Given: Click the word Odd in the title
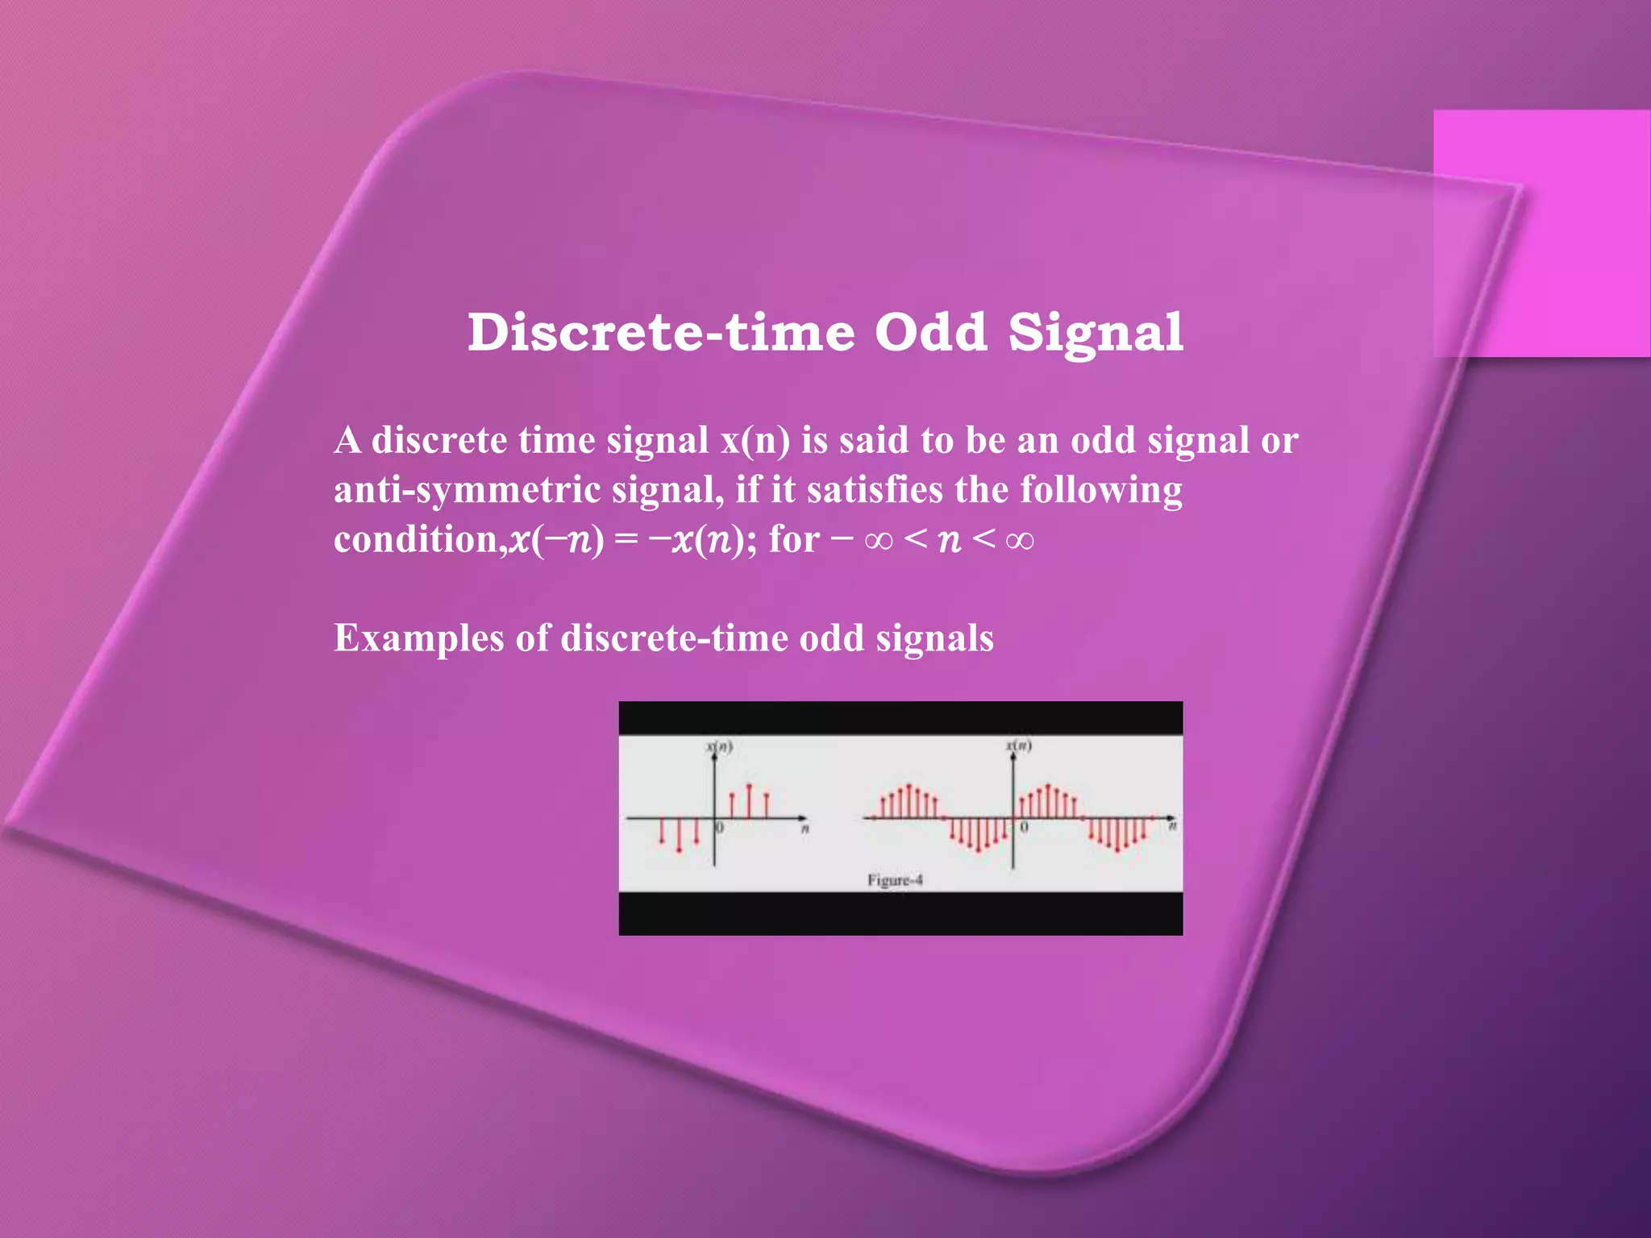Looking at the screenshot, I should click(x=930, y=332).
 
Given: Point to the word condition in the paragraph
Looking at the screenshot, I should click(x=418, y=539).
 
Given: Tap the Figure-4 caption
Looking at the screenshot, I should click(x=894, y=880).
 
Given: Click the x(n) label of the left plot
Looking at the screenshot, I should click(x=719, y=746).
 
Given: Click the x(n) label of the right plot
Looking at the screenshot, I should click(x=1018, y=746).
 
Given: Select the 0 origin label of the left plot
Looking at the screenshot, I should click(x=721, y=828).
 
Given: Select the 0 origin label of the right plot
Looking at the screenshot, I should click(x=1024, y=828).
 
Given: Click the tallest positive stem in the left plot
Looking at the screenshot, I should click(x=749, y=801).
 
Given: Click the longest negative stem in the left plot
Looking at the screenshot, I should click(x=679, y=835).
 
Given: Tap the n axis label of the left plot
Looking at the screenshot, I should click(x=805, y=829).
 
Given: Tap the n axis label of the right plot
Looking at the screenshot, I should click(x=1173, y=827).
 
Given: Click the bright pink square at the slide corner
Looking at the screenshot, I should click(x=1541, y=233).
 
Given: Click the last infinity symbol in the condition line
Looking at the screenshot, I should click(x=1020, y=540).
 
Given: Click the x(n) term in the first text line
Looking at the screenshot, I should click(x=755, y=441).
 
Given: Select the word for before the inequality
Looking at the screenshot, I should click(x=794, y=539).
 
